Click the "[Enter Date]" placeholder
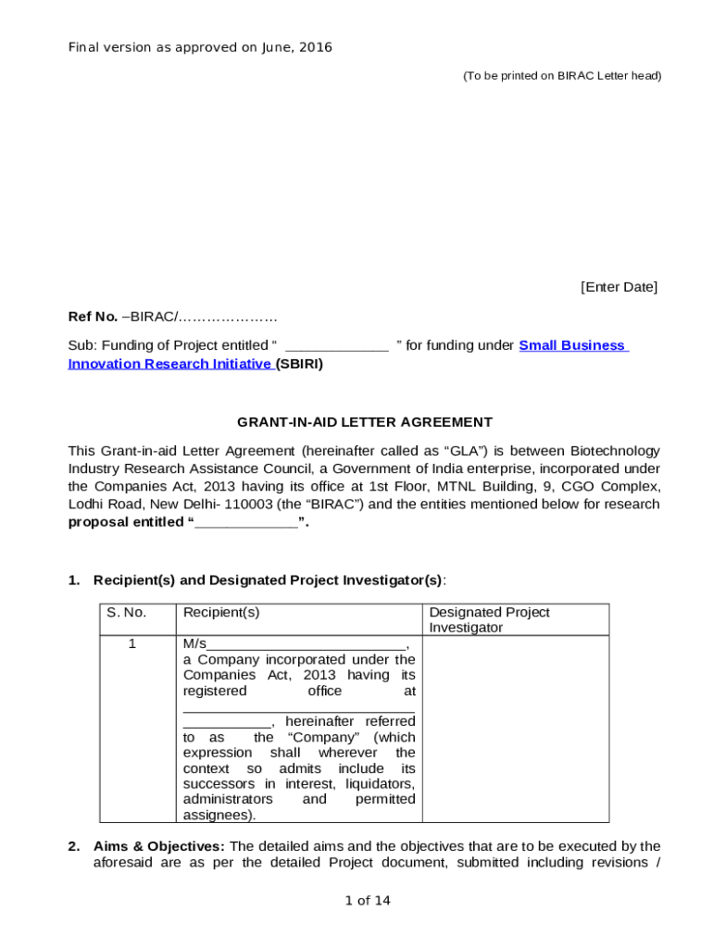[x=619, y=287]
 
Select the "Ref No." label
[x=93, y=317]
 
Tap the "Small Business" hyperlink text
[x=573, y=345]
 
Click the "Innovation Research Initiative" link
[x=169, y=364]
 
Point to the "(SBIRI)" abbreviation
[x=300, y=364]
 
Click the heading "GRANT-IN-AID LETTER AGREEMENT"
[x=365, y=422]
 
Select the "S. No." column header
[x=126, y=613]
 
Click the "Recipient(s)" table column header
[x=221, y=613]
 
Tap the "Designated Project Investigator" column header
[x=489, y=619]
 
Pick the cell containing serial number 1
[x=132, y=643]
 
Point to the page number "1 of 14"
[x=368, y=901]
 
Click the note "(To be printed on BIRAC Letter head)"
[x=562, y=76]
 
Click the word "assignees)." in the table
[x=219, y=815]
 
